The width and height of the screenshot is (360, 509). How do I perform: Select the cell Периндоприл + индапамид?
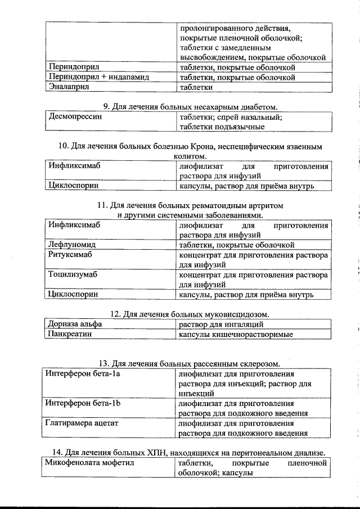point(98,77)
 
